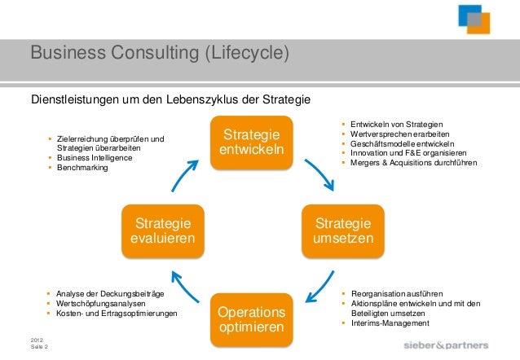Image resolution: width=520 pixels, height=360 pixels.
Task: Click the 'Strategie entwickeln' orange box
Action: pos(252,142)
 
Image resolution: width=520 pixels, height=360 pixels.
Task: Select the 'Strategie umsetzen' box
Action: pos(343,230)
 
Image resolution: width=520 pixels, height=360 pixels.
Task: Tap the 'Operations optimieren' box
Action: pos(252,319)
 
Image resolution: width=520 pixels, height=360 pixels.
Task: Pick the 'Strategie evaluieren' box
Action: pos(163,230)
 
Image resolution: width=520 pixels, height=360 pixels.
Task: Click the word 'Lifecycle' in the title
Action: pos(241,55)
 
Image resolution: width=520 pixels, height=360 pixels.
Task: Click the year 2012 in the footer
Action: pos(37,339)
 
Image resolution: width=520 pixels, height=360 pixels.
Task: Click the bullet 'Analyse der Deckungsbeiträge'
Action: pos(110,292)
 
